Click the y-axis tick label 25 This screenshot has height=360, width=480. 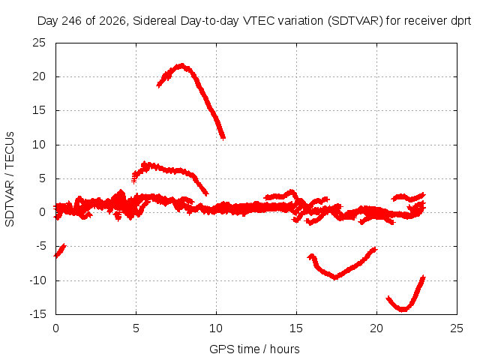pyautogui.click(x=39, y=43)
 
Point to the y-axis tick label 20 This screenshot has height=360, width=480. pyautogui.click(x=39, y=76)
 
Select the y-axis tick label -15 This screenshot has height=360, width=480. pyautogui.click(x=38, y=314)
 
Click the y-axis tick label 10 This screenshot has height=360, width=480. pyautogui.click(x=39, y=145)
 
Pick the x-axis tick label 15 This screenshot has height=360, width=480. pyautogui.click(x=296, y=328)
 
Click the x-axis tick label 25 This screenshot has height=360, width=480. pyautogui.click(x=457, y=328)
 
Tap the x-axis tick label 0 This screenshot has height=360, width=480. pyautogui.click(x=55, y=328)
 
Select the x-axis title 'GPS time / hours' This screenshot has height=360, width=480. pyautogui.click(x=254, y=349)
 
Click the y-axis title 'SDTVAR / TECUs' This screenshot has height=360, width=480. pyautogui.click(x=10, y=179)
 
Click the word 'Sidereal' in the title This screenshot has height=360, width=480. pyautogui.click(x=154, y=21)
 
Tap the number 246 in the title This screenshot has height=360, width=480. pyautogui.click(x=72, y=21)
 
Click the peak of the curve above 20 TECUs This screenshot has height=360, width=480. pyautogui.click(x=182, y=65)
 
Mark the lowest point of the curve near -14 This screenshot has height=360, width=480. pyautogui.click(x=403, y=310)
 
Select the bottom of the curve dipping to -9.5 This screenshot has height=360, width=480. pyautogui.click(x=335, y=277)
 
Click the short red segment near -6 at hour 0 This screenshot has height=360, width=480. pyautogui.click(x=60, y=250)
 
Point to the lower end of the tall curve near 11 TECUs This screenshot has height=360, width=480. pyautogui.click(x=223, y=138)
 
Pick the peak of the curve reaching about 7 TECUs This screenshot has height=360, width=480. pyautogui.click(x=145, y=164)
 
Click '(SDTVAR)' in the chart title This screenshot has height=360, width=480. pyautogui.click(x=355, y=21)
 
